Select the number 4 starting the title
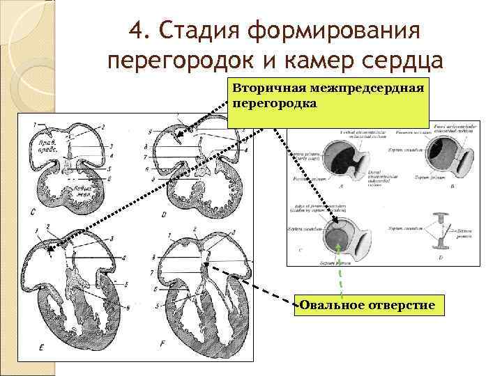pyautogui.click(x=137, y=32)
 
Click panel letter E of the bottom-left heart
pyautogui.click(x=40, y=346)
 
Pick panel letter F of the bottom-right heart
pyautogui.click(x=163, y=344)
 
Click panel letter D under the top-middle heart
pyautogui.click(x=163, y=214)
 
